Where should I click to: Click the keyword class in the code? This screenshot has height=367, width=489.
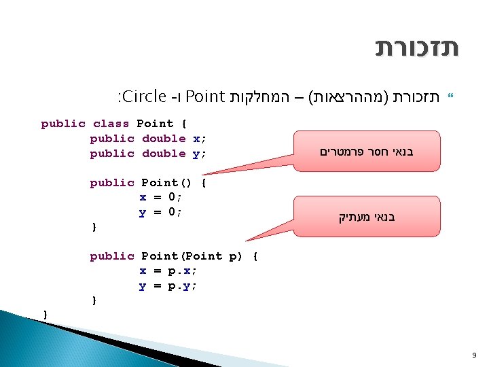111,124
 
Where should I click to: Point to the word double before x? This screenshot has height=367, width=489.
164,139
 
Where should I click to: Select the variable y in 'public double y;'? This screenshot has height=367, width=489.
196,154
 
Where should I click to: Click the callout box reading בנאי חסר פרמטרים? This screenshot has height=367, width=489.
367,152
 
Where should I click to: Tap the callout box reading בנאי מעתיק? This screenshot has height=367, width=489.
367,217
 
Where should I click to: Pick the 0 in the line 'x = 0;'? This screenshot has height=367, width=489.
172,197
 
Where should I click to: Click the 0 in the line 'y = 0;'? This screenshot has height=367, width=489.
172,212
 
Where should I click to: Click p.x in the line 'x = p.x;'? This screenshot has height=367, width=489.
181,271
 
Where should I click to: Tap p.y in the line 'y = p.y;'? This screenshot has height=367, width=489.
181,286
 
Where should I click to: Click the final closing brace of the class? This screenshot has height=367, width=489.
46,313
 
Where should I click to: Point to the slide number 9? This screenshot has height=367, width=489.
473,355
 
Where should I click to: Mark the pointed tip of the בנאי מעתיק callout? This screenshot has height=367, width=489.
247,241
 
